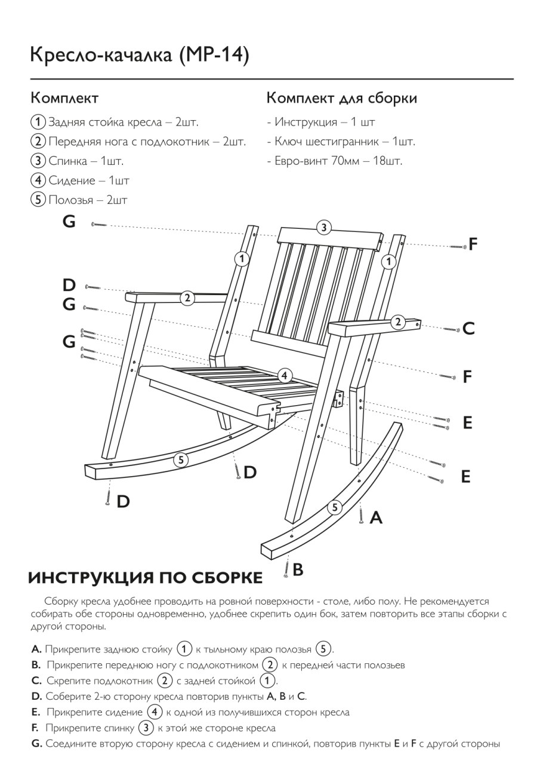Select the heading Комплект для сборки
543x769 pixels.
(341, 98)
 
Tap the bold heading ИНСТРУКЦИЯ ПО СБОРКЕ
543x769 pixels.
(145, 578)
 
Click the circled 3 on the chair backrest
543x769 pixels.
(323, 227)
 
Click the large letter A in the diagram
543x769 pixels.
(376, 517)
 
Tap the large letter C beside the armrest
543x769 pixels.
(468, 329)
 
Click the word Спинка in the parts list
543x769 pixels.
(69, 161)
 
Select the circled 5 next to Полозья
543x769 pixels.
(38, 200)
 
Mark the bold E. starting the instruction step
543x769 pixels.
(35, 712)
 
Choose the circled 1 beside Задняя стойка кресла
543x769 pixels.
(38, 122)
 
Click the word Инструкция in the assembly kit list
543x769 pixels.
(306, 122)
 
